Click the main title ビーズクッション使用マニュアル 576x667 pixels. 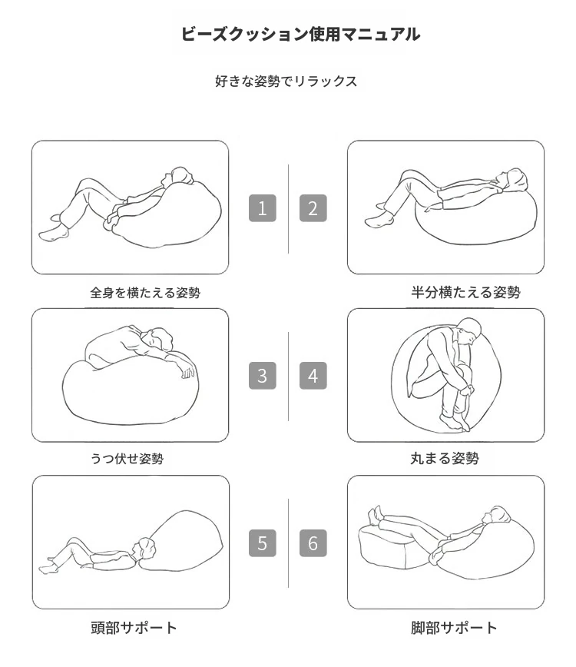coord(300,35)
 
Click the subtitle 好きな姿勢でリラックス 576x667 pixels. coord(286,81)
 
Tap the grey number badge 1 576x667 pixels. coord(263,208)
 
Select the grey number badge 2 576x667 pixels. coord(313,208)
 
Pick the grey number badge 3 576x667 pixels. coord(263,376)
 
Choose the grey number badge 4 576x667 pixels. coord(313,376)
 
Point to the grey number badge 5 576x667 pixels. coord(263,543)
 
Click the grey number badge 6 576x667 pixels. coord(313,543)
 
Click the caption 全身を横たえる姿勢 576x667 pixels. coord(145,293)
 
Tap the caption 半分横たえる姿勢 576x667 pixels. coord(465,292)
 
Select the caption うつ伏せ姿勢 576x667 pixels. coord(127,459)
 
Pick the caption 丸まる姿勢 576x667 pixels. coord(445,458)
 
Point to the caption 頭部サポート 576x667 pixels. coord(134,628)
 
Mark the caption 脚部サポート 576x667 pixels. coord(454,628)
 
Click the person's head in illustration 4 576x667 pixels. coord(469,331)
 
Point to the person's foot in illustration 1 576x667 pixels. coord(53,234)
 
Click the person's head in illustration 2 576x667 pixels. coord(514,180)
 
